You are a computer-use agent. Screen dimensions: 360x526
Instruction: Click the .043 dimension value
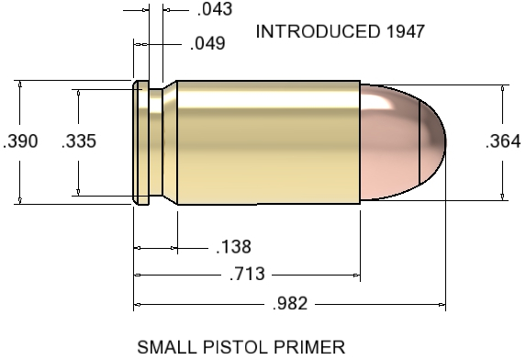(x=215, y=11)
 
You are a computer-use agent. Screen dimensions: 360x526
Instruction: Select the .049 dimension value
(x=207, y=44)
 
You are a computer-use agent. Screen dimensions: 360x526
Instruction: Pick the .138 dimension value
(x=232, y=247)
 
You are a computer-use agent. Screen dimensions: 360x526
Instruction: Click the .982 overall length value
(x=289, y=303)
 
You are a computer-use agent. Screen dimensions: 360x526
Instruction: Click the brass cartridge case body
(x=266, y=141)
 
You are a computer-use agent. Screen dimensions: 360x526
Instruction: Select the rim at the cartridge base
(x=140, y=141)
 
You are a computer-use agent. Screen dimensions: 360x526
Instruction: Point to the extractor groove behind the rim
(x=155, y=141)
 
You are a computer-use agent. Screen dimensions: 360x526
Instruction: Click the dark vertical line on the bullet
(x=420, y=141)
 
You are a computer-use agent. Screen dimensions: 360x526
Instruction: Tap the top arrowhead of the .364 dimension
(x=502, y=89)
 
